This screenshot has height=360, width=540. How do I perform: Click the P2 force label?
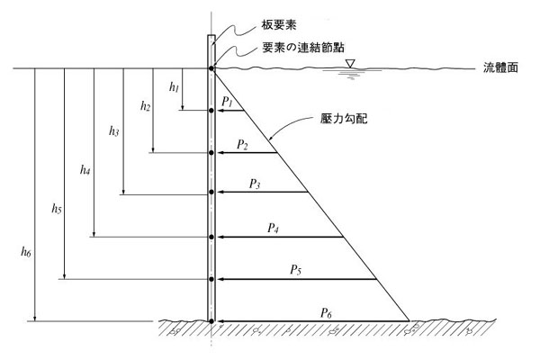coord(242,143)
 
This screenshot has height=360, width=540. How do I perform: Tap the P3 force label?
coord(256,184)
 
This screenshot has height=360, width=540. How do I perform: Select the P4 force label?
coord(273,229)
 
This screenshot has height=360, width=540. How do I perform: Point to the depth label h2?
coord(145,106)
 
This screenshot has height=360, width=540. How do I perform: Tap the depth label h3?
coord(113,131)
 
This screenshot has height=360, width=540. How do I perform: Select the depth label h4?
coord(85,169)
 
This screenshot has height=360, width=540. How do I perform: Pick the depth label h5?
coord(56,210)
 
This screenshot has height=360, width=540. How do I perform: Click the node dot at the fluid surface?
coord(211,68)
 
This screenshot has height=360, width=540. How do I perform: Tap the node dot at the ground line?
coord(211,320)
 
